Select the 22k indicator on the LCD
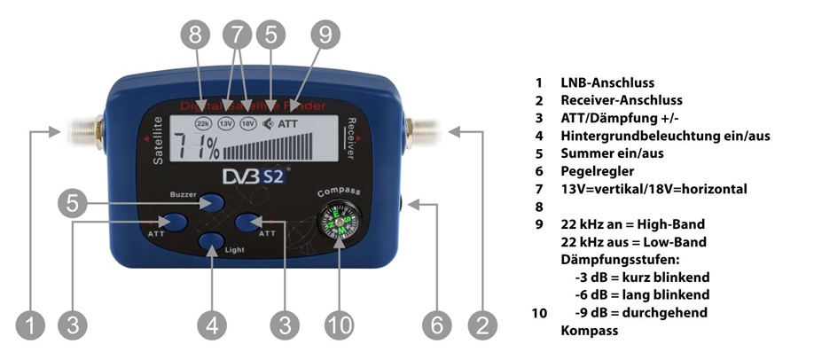(x=203, y=123)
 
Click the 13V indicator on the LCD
(x=226, y=123)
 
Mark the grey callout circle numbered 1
(x=32, y=326)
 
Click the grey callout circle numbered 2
(x=481, y=326)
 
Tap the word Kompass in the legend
(x=589, y=331)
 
